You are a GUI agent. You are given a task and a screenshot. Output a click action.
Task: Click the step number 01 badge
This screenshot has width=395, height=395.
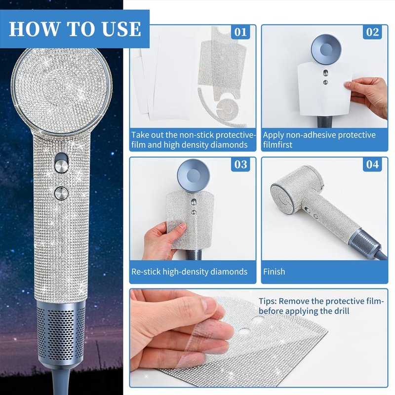pos(240,32)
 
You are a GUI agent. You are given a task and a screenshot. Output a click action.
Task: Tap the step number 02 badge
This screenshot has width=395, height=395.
pos(372,32)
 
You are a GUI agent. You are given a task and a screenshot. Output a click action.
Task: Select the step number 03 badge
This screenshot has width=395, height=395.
pos(240,164)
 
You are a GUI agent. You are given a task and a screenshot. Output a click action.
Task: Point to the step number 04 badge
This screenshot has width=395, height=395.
pos(372,164)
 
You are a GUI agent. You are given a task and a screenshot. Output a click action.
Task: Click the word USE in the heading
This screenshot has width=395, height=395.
pos(121,29)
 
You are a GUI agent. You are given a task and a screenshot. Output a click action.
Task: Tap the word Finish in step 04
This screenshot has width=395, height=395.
pos(274,272)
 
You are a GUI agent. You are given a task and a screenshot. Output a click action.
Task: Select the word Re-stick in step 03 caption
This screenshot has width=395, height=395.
pos(146,272)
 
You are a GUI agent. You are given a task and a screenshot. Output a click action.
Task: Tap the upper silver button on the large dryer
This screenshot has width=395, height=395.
pos(61,166)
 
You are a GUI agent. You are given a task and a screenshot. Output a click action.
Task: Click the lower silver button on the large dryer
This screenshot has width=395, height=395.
pos(61,193)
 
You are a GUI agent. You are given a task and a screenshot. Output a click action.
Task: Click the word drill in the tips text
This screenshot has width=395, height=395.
pos(342,311)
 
